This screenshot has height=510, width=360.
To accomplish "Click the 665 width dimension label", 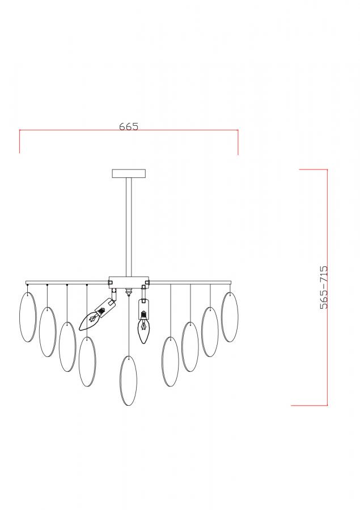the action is click(129, 126).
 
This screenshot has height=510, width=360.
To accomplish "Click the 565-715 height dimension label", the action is click(324, 287).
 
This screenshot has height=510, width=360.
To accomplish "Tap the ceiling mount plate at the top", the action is click(129, 173).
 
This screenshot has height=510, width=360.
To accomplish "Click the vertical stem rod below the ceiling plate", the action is click(129, 227).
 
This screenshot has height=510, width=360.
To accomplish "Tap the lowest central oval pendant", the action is click(128, 381).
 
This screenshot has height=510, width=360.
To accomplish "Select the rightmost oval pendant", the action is click(230, 317).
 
